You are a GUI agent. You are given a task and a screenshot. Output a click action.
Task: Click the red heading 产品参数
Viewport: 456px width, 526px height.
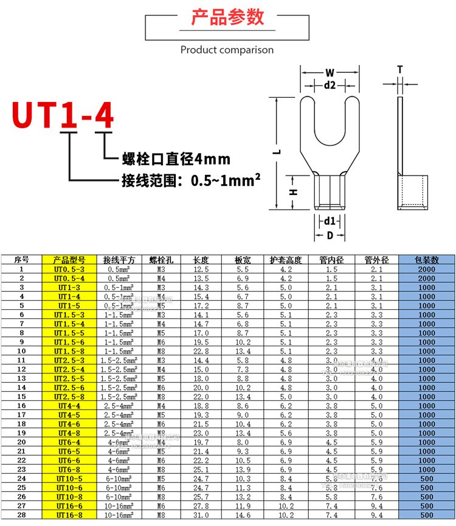tap(227, 17)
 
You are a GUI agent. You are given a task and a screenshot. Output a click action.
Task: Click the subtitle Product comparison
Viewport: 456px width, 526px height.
tap(227, 50)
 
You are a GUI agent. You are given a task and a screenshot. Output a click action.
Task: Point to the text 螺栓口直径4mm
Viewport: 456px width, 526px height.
tap(176, 160)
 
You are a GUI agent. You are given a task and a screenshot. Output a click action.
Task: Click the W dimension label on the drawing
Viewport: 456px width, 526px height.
tap(330, 73)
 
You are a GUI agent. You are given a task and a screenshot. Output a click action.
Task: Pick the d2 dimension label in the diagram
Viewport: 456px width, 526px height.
tap(330, 86)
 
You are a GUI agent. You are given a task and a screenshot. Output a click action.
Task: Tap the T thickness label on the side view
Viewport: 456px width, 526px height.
tap(399, 70)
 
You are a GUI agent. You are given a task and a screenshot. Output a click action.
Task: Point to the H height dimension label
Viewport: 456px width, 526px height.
tap(292, 192)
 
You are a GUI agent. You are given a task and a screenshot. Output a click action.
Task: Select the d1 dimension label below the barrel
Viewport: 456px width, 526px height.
tap(329, 220)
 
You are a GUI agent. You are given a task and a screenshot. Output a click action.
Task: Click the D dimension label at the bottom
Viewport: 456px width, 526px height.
tap(329, 234)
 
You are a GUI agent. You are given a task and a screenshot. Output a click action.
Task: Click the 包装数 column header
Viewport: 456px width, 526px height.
tap(426, 260)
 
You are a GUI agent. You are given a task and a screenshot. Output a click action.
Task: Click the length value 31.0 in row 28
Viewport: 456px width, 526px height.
tap(201, 515)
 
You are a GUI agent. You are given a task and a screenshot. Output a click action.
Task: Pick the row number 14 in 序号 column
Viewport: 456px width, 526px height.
tap(21, 388)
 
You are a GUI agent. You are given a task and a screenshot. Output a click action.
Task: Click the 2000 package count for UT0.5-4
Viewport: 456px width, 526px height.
tap(426, 278)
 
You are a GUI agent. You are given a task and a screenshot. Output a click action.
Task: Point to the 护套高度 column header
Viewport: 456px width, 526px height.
tap(286, 260)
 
